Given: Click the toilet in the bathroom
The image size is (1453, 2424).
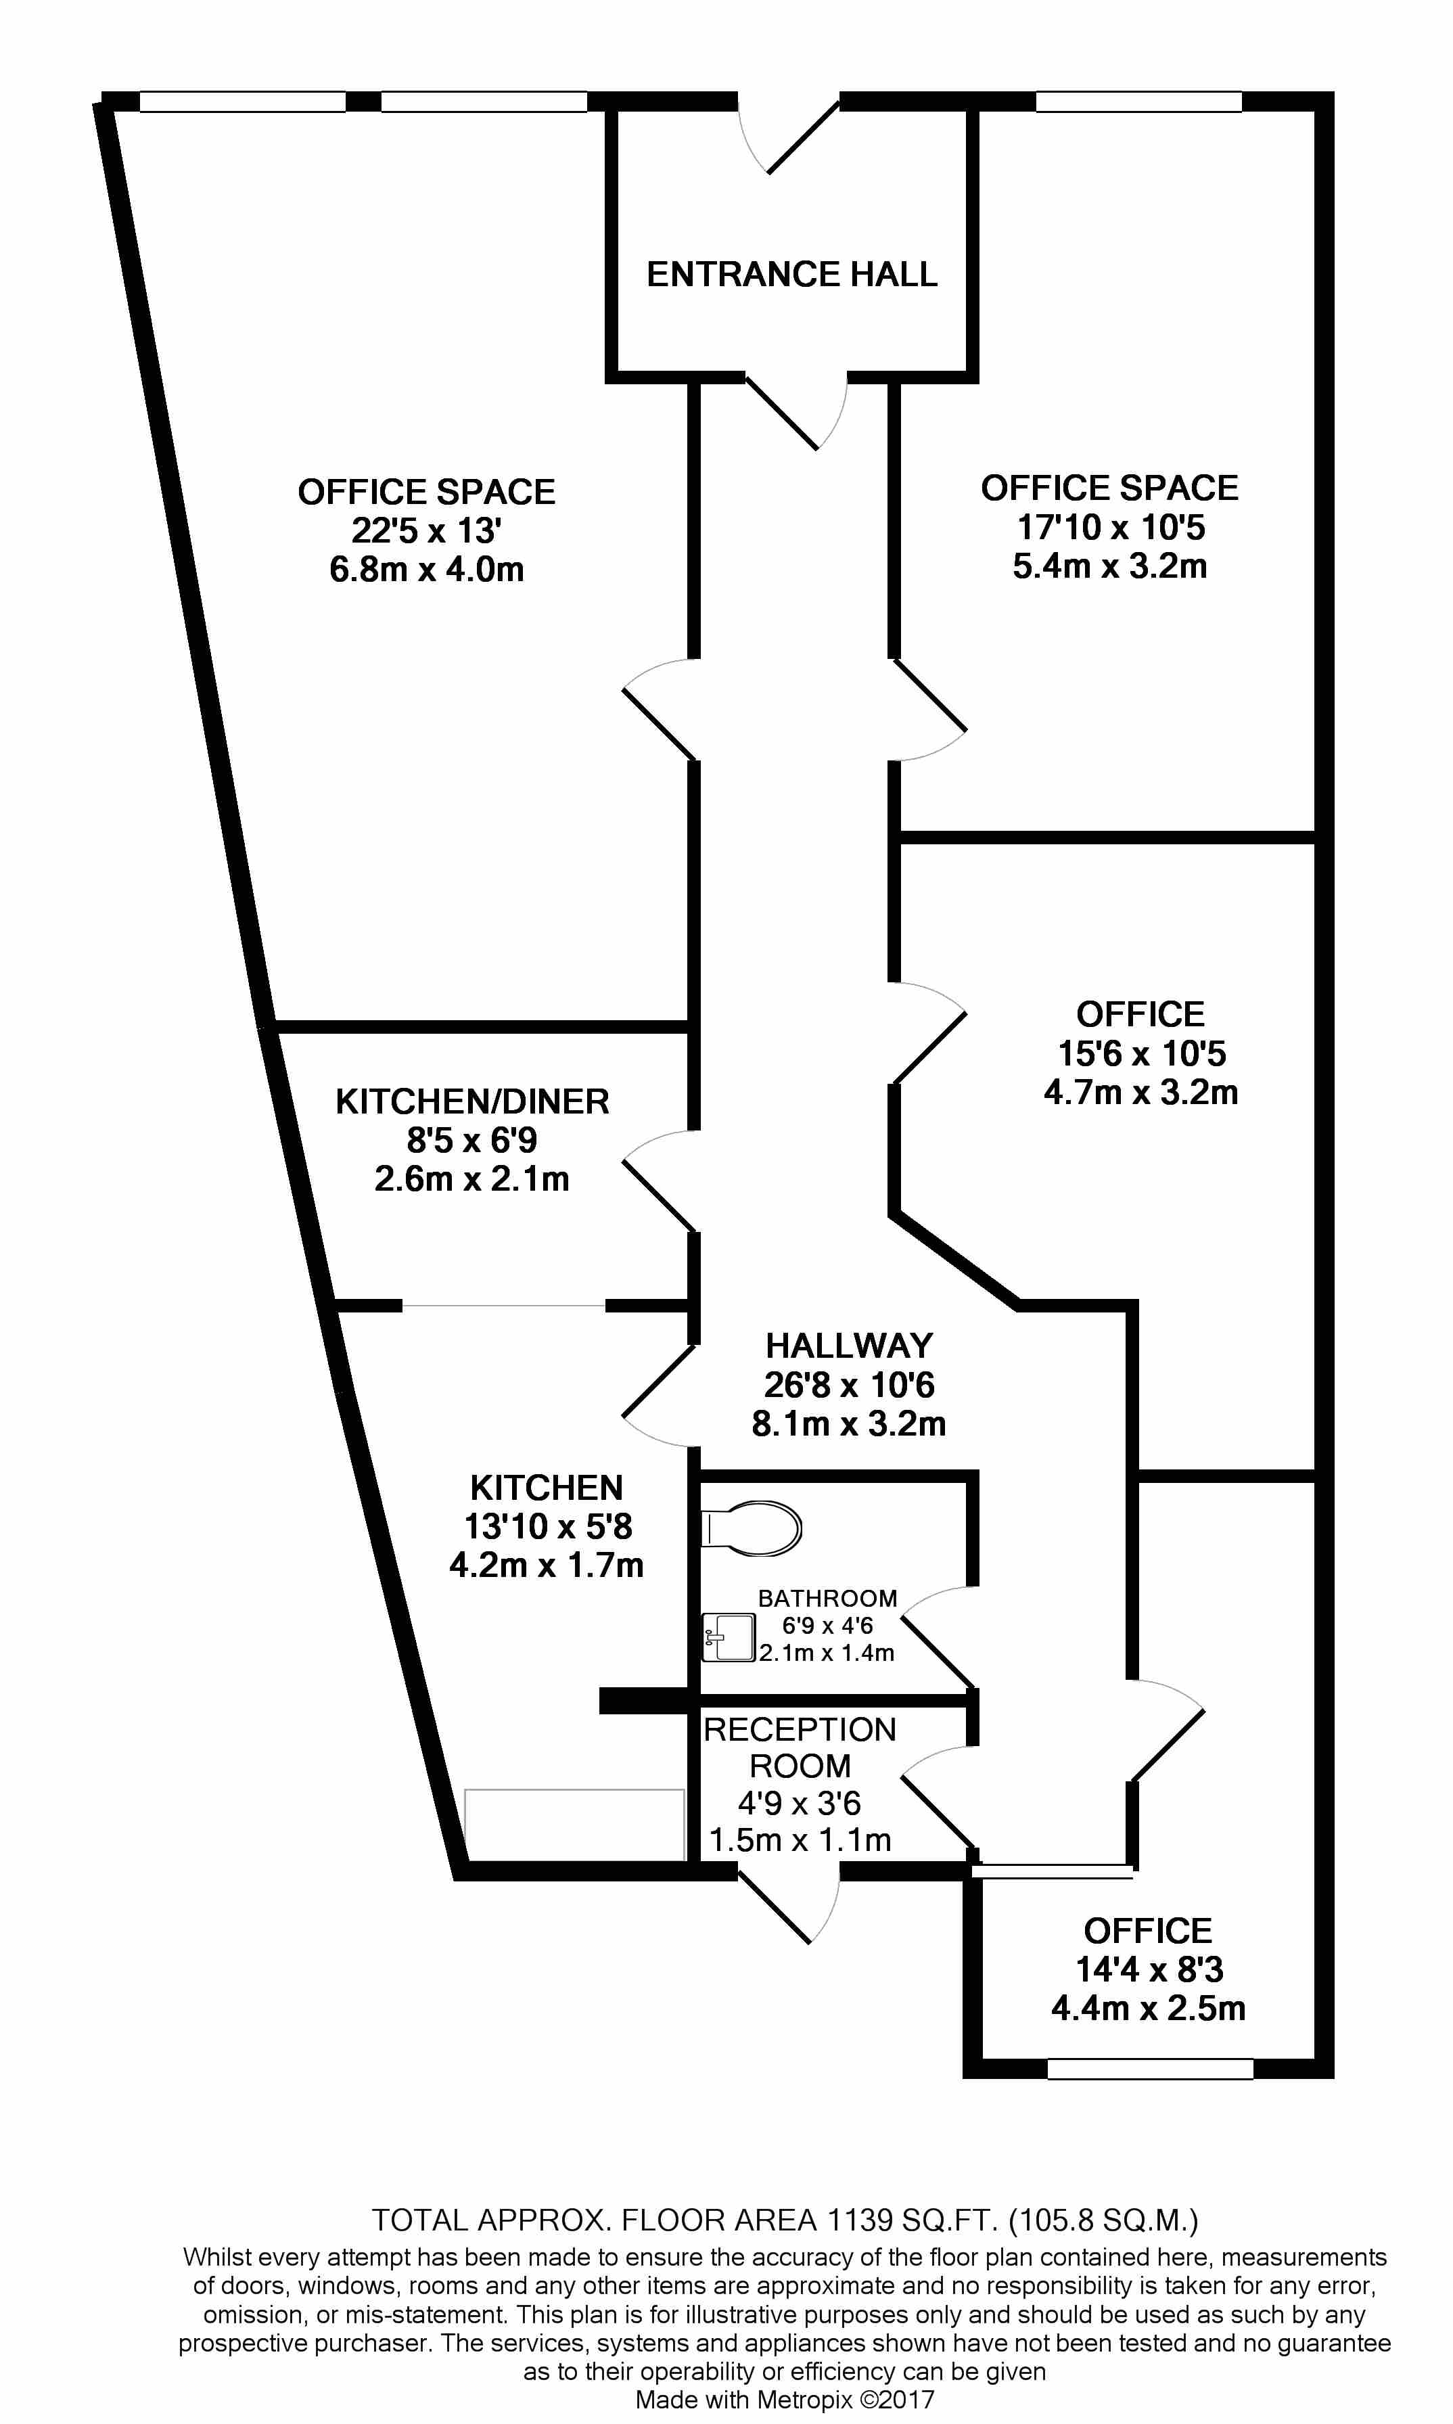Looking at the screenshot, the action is click(751, 1528).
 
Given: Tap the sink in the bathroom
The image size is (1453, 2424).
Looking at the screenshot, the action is click(729, 1638).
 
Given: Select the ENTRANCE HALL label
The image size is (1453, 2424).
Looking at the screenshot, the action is click(792, 274).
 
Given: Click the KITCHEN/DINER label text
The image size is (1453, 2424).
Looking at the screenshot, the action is click(472, 1101).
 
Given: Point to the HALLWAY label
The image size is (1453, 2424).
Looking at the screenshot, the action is click(849, 1346).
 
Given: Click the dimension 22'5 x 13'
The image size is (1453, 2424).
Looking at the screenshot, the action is click(427, 530).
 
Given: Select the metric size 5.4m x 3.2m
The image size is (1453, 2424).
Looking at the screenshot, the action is click(1109, 566).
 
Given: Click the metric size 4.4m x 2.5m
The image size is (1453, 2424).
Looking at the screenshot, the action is click(1149, 2008).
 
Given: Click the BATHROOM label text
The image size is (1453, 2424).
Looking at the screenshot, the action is click(827, 1599).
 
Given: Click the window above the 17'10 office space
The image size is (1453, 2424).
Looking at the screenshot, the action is click(1138, 101).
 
